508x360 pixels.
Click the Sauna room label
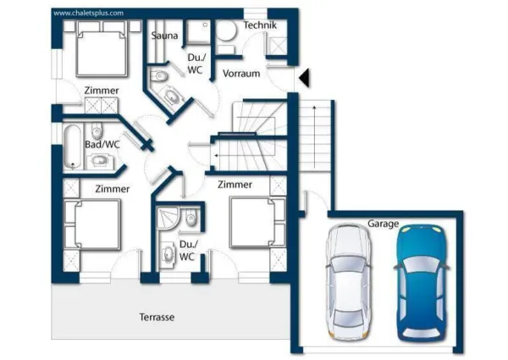164,36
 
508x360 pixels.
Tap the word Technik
260,25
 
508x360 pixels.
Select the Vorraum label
241,74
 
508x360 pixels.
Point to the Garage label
383,224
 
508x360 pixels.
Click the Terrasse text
157,317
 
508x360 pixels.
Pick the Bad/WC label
102,144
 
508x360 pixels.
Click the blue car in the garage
422,282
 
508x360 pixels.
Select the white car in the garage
349,282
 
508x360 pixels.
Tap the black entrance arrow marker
304,78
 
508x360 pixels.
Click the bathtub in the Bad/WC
73,147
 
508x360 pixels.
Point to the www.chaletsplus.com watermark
88,13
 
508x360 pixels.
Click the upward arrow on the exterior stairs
314,136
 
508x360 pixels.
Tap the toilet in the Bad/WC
97,130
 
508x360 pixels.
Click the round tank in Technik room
226,30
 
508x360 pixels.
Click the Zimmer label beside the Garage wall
235,185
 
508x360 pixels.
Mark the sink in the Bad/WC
98,160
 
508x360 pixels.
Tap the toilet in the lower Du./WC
191,218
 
